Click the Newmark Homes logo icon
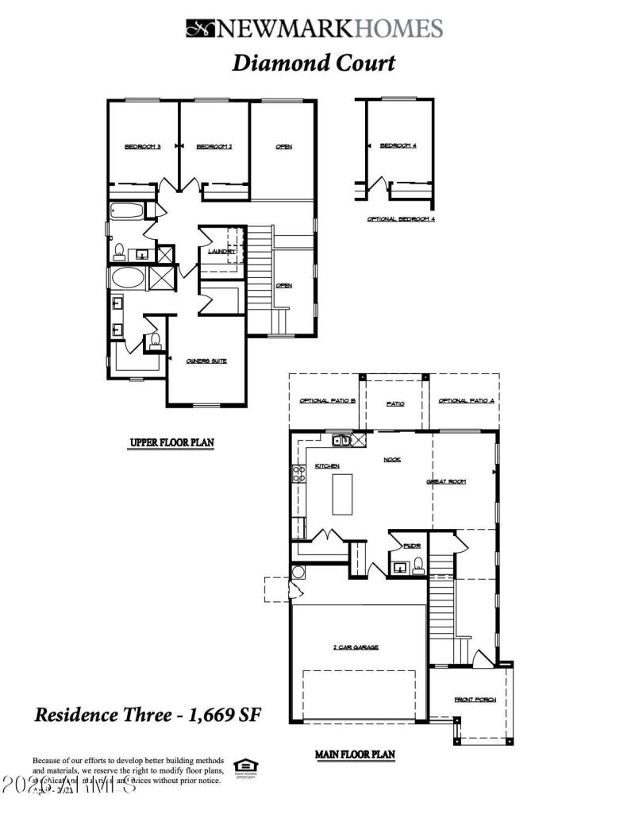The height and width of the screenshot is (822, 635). pyautogui.click(x=202, y=29)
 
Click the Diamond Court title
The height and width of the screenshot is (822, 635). pyautogui.click(x=313, y=64)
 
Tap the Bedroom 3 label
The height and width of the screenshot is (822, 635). pyautogui.click(x=143, y=146)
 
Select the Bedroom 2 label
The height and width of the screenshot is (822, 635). pyautogui.click(x=214, y=146)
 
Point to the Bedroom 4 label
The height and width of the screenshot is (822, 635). pyautogui.click(x=397, y=145)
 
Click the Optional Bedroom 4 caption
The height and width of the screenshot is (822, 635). pyautogui.click(x=401, y=218)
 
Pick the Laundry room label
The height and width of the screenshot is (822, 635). pyautogui.click(x=221, y=252)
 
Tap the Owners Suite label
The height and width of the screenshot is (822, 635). pyautogui.click(x=206, y=361)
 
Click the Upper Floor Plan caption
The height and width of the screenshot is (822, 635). pyautogui.click(x=172, y=442)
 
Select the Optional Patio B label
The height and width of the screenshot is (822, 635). pyautogui.click(x=327, y=402)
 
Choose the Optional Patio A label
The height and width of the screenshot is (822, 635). pyautogui.click(x=466, y=402)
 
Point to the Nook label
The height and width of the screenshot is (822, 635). pyautogui.click(x=392, y=459)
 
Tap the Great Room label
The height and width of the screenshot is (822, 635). pyautogui.click(x=445, y=481)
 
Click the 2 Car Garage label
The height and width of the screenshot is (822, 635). pyautogui.click(x=355, y=647)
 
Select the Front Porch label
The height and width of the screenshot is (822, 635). pyautogui.click(x=475, y=700)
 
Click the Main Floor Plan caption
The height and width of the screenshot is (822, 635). pyautogui.click(x=355, y=754)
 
